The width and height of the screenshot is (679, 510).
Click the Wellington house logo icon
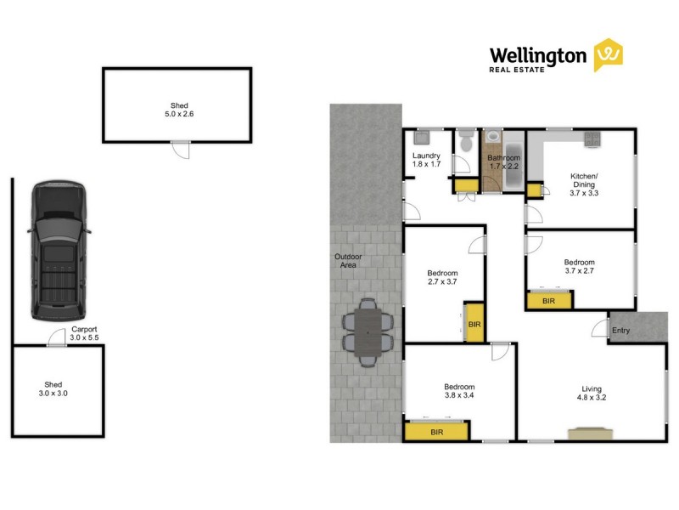coord(608,55)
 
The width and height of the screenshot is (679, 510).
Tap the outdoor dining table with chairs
coord(369,332)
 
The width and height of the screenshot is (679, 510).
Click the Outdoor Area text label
coord(345,261)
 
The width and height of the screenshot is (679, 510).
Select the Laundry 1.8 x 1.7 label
coord(426,161)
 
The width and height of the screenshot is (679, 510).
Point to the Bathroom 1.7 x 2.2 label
coord(503,162)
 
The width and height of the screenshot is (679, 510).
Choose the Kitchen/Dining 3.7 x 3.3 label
coord(583,184)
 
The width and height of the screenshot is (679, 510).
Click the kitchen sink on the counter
coord(592,139)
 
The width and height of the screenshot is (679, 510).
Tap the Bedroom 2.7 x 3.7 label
coord(442,278)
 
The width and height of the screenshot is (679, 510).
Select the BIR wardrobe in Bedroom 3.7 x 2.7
coord(548,300)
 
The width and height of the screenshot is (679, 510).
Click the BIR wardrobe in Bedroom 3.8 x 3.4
coord(436,432)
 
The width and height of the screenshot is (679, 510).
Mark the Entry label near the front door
coord(620,330)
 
